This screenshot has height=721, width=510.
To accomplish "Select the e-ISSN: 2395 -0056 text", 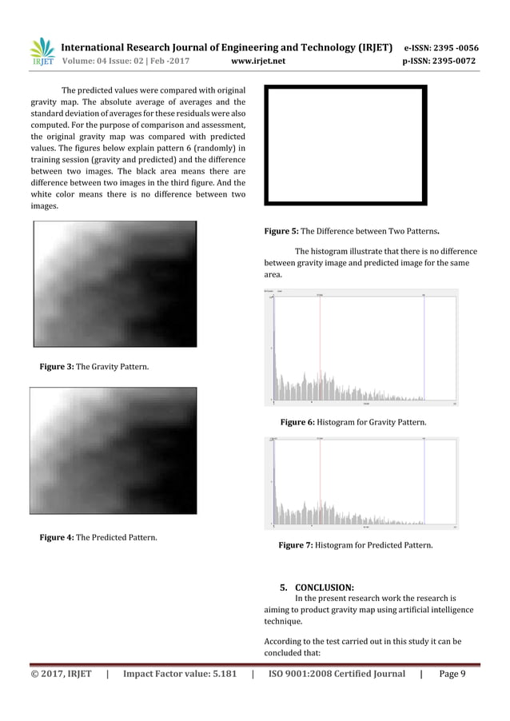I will pos(449,46).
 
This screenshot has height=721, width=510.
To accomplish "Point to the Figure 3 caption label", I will pos(58,366).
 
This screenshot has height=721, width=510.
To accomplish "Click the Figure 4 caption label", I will pos(58,536).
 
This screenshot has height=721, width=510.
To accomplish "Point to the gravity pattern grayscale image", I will pos(114,284).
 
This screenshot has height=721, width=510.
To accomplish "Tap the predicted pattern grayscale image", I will pos(113,451).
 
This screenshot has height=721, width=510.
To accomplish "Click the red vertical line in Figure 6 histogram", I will pos(320,348).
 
